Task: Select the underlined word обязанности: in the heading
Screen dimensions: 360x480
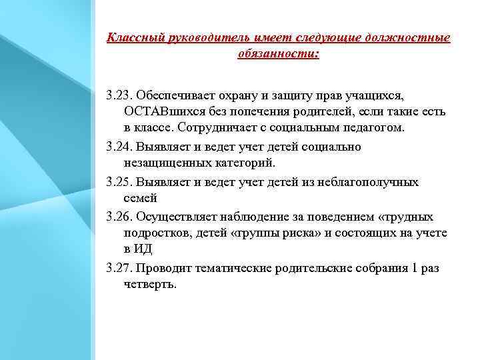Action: pyautogui.click(x=278, y=53)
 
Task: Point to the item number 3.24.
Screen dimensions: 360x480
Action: pyautogui.click(x=119, y=146)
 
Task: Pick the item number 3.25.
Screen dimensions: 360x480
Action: pyautogui.click(x=119, y=181)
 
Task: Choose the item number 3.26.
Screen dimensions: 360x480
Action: pyautogui.click(x=119, y=216)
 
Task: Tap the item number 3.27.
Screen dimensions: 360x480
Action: pyautogui.click(x=119, y=267)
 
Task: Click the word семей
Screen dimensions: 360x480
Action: pyautogui.click(x=140, y=198)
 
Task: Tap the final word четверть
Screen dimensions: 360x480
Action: pyautogui.click(x=151, y=284)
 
